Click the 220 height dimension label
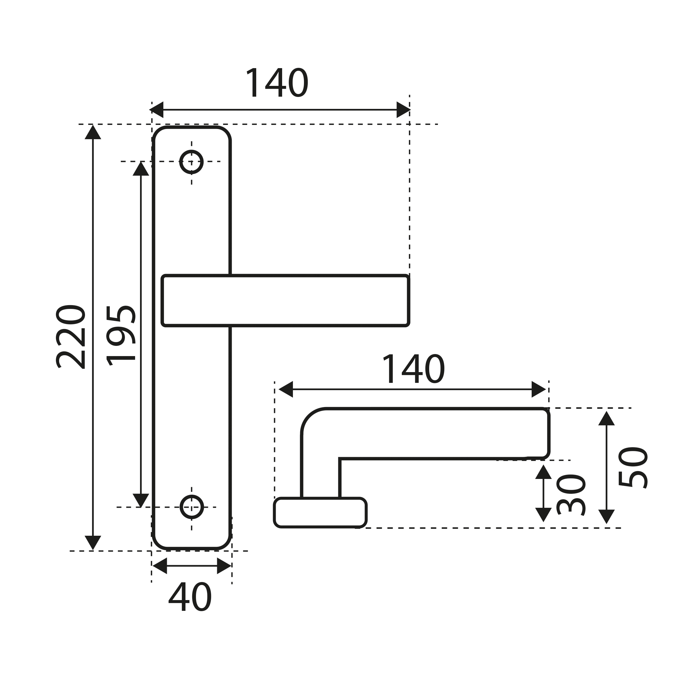tap(70, 337)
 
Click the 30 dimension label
tap(571, 495)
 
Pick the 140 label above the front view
tap(277, 82)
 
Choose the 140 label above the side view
tap(413, 369)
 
